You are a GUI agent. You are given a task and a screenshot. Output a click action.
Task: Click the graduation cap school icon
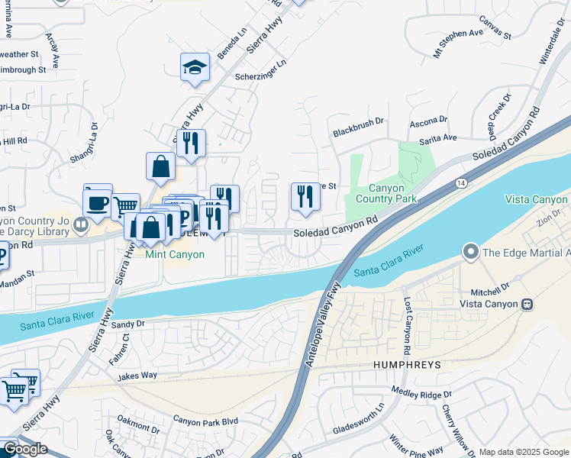pyautogui.click(x=195, y=67)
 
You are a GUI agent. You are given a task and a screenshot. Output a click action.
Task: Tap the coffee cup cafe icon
pyautogui.click(x=98, y=203)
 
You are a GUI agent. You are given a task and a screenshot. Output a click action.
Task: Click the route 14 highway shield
pyautogui.click(x=461, y=183)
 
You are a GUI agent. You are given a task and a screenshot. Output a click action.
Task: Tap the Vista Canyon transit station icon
pyautogui.click(x=526, y=304)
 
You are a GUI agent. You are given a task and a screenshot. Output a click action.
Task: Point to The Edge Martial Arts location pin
pyautogui.click(x=471, y=252)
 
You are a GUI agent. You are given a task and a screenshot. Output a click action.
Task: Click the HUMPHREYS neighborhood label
pyautogui.click(x=407, y=366)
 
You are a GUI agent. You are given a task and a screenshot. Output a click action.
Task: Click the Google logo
pyautogui.click(x=25, y=449)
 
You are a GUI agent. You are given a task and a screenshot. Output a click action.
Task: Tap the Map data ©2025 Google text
pyautogui.click(x=524, y=452)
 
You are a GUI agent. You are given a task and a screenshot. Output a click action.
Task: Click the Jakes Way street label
pyautogui.click(x=137, y=376)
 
